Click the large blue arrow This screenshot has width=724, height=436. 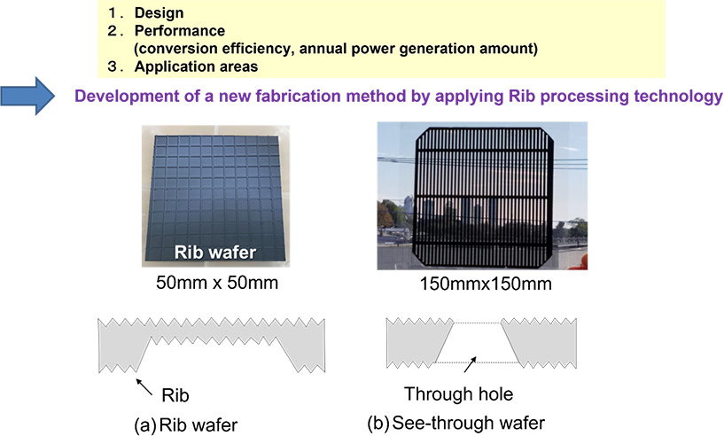[27, 96]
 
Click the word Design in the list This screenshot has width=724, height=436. [159, 12]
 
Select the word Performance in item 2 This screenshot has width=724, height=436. [180, 30]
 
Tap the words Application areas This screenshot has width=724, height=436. [196, 66]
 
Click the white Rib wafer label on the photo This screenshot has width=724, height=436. [214, 253]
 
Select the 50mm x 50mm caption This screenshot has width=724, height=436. [217, 282]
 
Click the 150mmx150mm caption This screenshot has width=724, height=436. [486, 283]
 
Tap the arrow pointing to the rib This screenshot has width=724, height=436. [144, 387]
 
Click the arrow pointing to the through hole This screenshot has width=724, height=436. [470, 364]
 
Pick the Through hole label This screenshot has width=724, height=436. [458, 394]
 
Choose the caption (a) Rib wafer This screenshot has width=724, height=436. [185, 424]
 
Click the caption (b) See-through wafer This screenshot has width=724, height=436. [456, 423]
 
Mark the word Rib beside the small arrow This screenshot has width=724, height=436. [175, 395]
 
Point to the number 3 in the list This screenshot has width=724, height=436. [113, 66]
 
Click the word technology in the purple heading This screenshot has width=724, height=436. [678, 96]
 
